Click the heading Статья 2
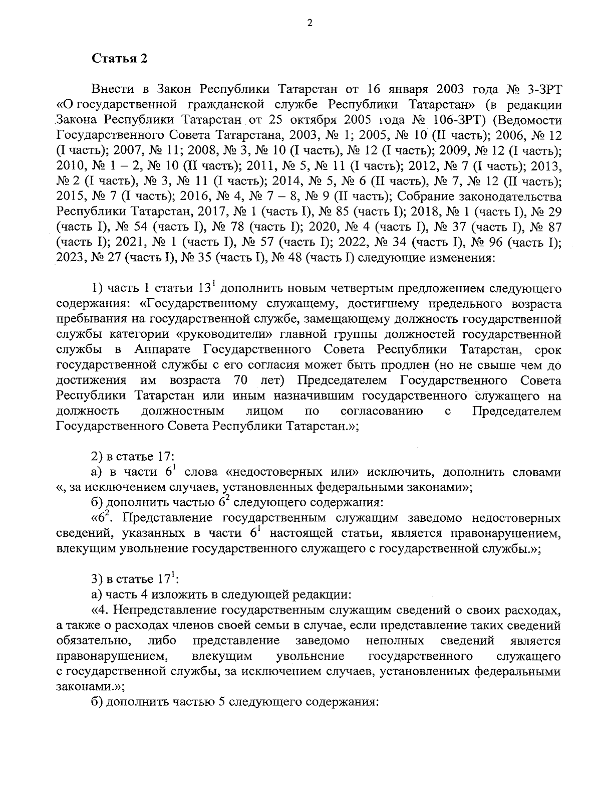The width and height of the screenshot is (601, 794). pos(119,58)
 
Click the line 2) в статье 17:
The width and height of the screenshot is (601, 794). pos(132,457)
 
